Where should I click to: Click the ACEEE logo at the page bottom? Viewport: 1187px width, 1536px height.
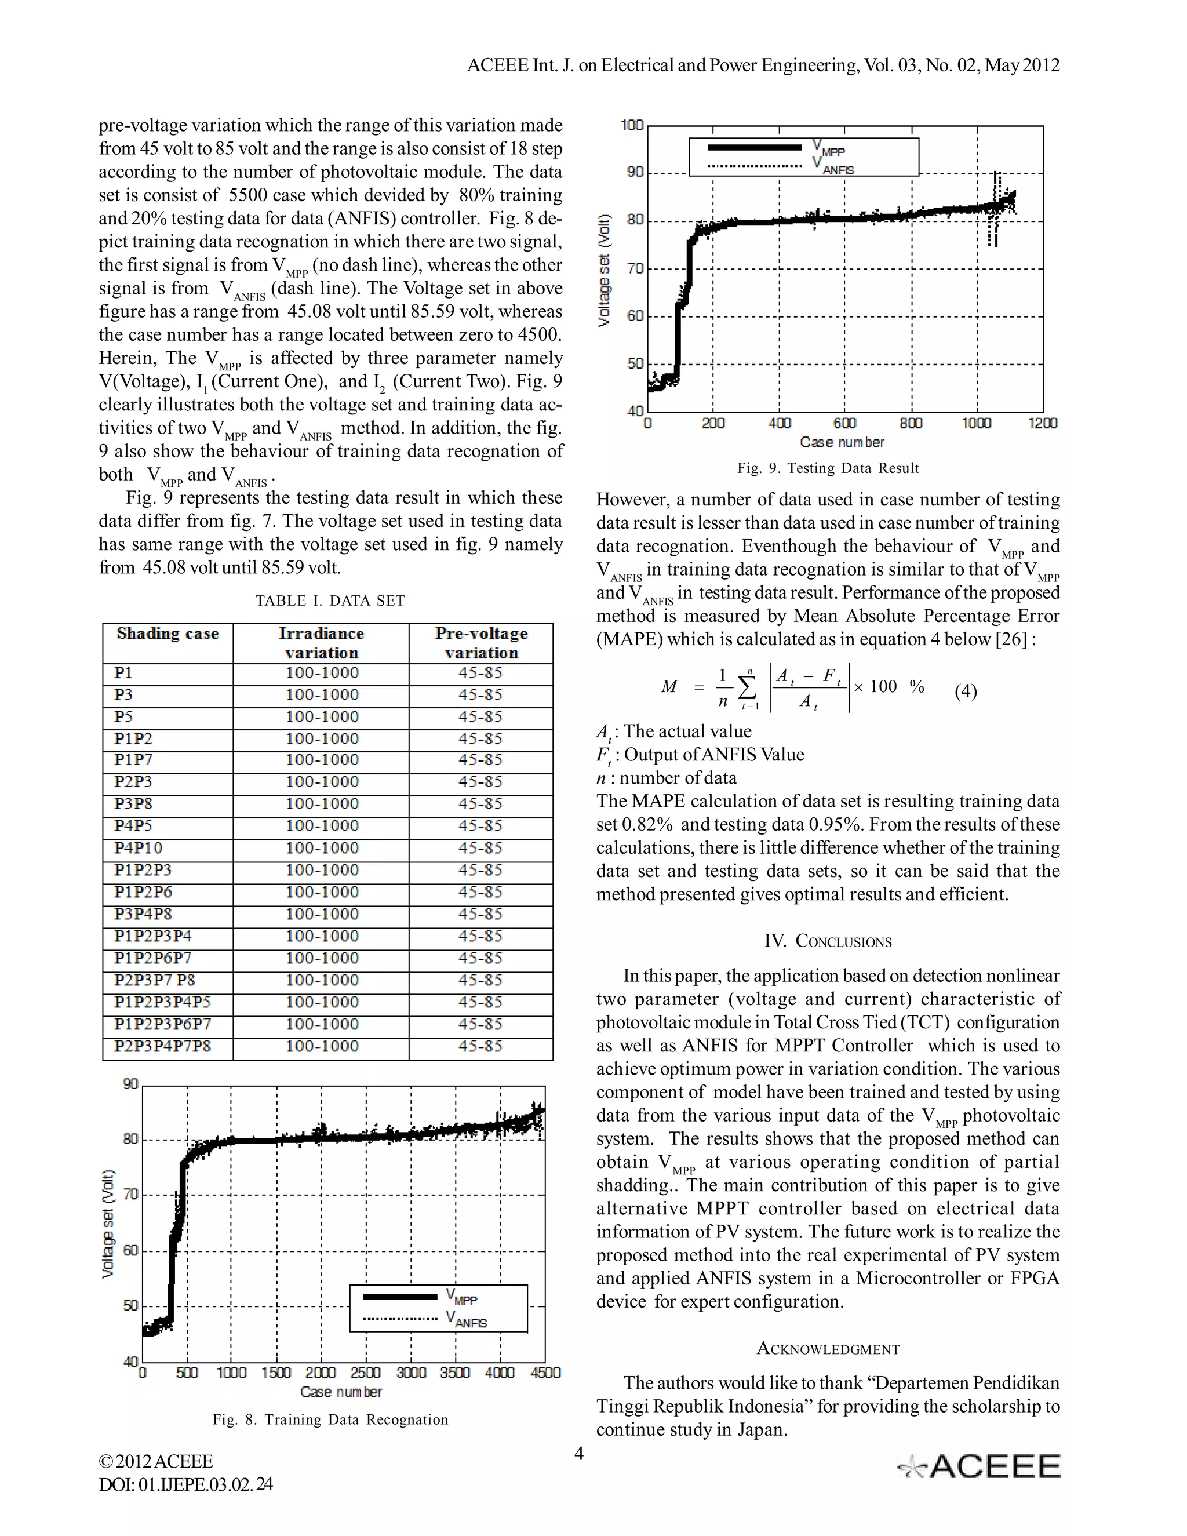[x=980, y=1466]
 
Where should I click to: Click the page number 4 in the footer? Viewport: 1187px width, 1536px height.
[x=579, y=1453]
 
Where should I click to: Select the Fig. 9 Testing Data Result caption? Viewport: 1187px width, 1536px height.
[x=828, y=468]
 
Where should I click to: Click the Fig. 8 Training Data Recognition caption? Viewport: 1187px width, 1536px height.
[x=330, y=1419]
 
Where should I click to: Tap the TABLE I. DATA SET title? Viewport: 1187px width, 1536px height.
[x=330, y=600]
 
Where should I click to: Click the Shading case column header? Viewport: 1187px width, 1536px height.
[x=168, y=634]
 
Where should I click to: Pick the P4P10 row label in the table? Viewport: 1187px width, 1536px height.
[x=138, y=848]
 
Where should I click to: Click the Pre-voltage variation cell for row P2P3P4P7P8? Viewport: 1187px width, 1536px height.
[x=480, y=1046]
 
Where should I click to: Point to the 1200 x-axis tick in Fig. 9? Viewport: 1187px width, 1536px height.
[x=1042, y=423]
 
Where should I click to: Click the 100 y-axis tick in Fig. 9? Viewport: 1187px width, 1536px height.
[x=632, y=125]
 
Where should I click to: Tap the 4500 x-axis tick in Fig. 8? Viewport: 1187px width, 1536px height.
[x=545, y=1373]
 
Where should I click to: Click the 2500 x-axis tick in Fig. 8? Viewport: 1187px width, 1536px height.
[x=366, y=1373]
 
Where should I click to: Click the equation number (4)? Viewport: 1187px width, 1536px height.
[x=965, y=691]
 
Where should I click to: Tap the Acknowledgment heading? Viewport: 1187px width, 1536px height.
[x=828, y=1349]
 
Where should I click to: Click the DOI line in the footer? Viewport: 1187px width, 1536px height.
[x=185, y=1484]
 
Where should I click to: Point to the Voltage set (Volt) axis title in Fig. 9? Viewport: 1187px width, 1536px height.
[x=603, y=270]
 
